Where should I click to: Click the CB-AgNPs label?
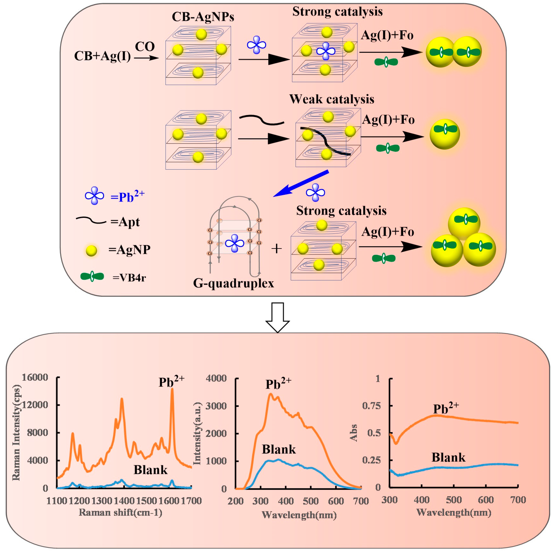click(203, 17)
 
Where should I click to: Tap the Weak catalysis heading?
click(331, 99)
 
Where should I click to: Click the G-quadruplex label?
click(233, 283)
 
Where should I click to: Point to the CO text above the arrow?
click(145, 46)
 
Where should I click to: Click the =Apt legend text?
click(125, 222)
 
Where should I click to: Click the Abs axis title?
click(353, 433)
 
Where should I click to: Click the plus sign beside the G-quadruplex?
click(277, 249)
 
